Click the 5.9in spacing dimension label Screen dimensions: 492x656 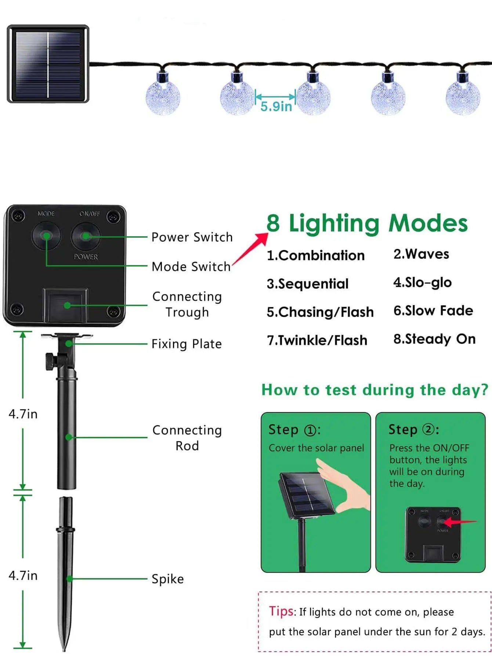276,106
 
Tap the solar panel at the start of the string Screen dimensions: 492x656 48,64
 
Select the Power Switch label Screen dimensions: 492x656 192,237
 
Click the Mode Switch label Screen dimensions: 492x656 191,266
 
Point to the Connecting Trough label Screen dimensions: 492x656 187,304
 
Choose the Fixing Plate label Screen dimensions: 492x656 187,344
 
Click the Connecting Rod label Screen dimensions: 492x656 187,438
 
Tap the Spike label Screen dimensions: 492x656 168,579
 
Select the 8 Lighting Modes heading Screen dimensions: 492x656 367,223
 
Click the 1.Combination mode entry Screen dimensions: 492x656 316,255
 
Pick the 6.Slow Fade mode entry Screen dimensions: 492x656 433,311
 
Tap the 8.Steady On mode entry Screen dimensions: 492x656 434,339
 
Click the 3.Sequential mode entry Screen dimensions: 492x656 308,284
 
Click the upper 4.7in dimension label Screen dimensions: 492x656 23,414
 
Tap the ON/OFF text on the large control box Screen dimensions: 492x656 90,214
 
